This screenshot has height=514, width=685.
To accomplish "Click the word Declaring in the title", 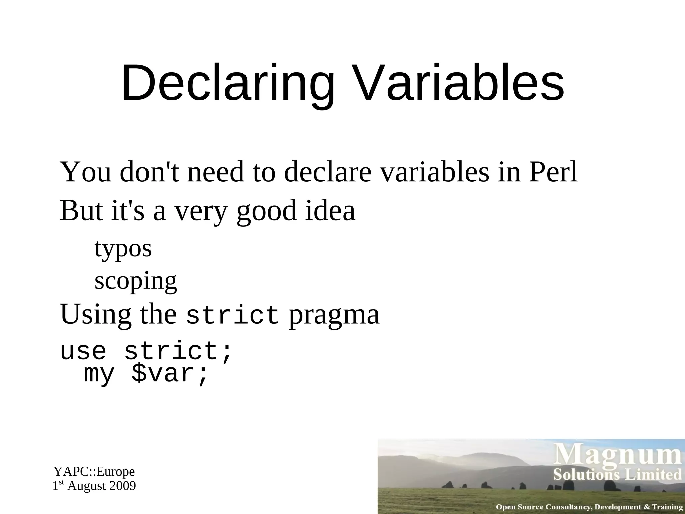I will point(228,83).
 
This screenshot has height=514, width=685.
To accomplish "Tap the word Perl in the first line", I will point(553,172).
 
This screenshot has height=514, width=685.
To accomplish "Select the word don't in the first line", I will point(149,172).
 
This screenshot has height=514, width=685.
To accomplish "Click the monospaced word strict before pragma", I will point(232,315).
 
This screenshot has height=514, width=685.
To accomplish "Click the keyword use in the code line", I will point(83,351).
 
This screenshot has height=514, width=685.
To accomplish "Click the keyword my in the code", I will point(99,375).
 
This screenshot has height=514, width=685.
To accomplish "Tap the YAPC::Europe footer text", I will point(94,472).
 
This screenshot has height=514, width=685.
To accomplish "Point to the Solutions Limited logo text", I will point(617,475).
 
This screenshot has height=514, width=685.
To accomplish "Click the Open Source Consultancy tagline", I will point(589,507).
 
